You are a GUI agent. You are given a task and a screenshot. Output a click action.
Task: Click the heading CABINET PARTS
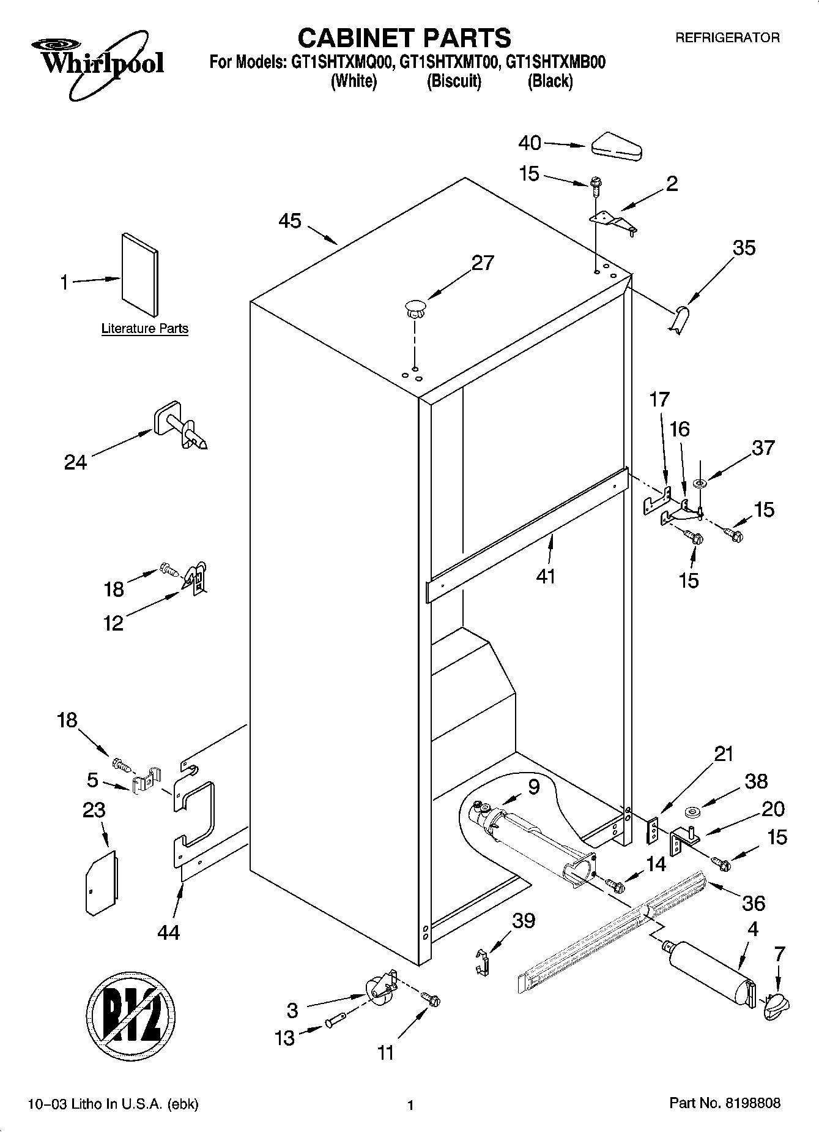point(404,38)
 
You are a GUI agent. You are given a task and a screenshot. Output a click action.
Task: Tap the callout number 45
point(290,221)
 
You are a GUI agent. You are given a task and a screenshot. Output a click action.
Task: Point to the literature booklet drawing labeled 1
point(140,276)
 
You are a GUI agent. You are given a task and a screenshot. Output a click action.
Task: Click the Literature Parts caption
point(144,329)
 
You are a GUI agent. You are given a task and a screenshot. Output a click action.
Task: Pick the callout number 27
point(483,263)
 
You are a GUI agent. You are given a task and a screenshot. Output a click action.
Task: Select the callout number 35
point(744,248)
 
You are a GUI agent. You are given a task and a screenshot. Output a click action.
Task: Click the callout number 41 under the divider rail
point(545,576)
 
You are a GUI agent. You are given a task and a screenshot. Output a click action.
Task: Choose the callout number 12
point(114,623)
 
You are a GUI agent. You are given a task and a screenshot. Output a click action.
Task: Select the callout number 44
point(168,932)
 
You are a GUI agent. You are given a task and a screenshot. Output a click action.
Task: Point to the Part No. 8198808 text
point(725,1104)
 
